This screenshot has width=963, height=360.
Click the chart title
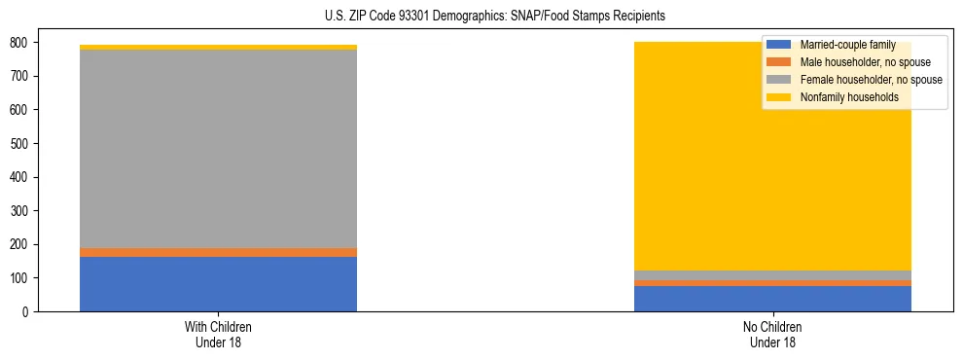tap(495, 17)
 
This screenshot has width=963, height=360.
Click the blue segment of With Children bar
tap(218, 284)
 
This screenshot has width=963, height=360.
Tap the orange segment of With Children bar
tap(218, 253)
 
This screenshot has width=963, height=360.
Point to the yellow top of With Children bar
tap(218, 47)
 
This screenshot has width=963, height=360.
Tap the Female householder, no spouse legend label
tap(870, 80)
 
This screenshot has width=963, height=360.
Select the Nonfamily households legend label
tap(847, 97)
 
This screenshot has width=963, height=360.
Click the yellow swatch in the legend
tap(779, 97)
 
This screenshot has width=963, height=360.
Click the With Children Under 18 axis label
tap(218, 335)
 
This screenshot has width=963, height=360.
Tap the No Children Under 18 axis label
tap(772, 335)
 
